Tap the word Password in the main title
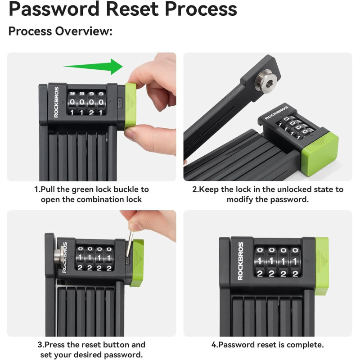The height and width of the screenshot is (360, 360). [54, 9]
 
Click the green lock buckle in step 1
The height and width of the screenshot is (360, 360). [130, 107]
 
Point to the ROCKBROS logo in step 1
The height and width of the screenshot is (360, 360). [56, 102]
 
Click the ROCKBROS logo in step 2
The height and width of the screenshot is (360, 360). [276, 113]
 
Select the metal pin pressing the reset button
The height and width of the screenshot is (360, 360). [130, 243]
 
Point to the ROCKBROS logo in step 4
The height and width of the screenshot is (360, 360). [240, 261]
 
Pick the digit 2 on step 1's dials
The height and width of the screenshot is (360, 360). [91, 112]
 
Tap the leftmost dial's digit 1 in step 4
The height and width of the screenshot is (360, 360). [260, 261]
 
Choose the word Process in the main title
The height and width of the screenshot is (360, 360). [201, 9]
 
